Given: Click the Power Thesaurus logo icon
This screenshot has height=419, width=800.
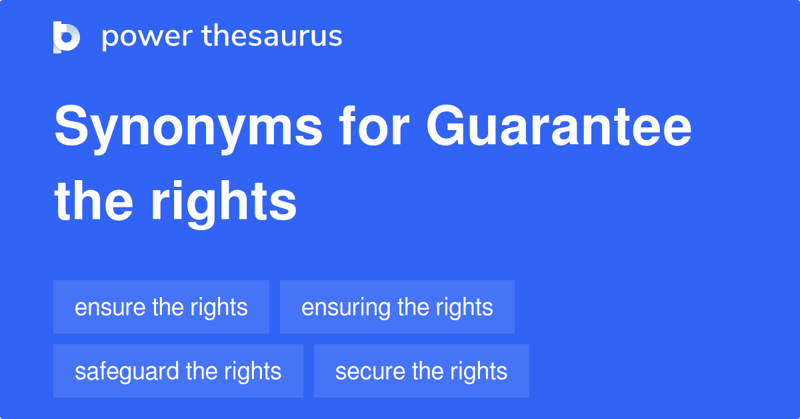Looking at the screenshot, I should [x=67, y=37].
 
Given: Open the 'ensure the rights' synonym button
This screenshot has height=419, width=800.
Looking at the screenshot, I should [x=161, y=307].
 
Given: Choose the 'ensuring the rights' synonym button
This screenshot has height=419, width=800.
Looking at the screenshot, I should [x=397, y=307].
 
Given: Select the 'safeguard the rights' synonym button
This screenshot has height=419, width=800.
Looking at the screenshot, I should [x=178, y=371].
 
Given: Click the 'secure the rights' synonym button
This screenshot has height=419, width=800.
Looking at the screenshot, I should [x=421, y=371].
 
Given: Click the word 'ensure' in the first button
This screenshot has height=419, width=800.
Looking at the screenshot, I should [x=110, y=308].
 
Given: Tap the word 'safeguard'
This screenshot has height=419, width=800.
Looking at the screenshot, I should [x=127, y=372].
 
